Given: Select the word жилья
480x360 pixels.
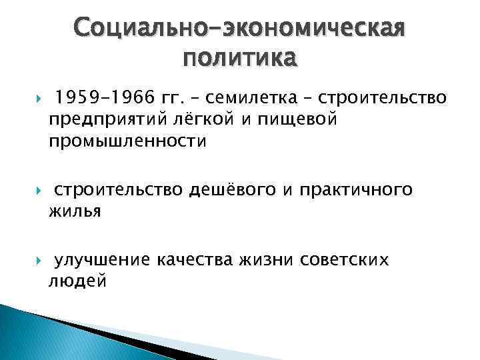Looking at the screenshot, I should click(74, 211).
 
